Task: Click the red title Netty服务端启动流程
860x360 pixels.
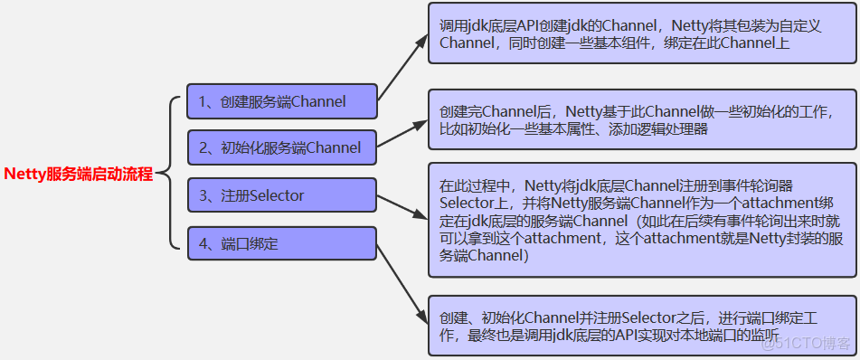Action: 79,174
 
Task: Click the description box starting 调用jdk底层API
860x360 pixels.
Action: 641,33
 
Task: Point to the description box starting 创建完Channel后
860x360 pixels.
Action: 641,120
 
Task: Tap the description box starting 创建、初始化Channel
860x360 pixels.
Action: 641,327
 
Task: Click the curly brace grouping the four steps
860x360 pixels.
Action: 172,172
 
